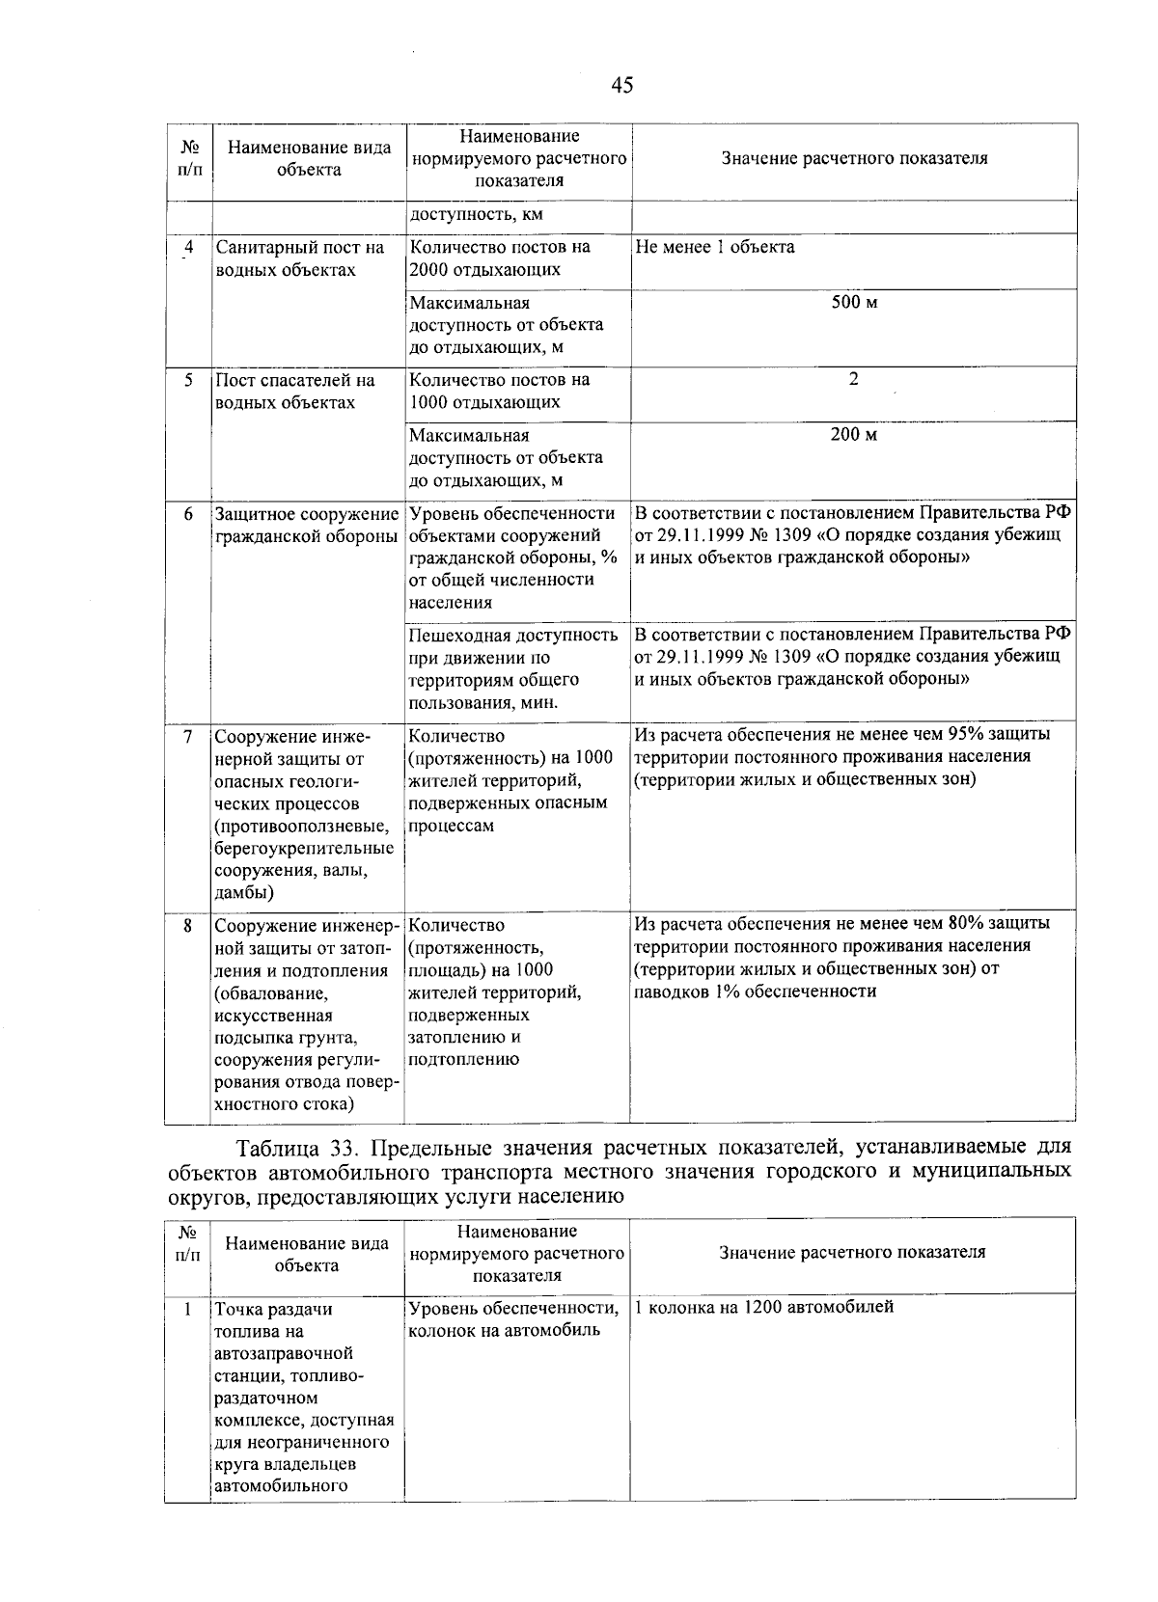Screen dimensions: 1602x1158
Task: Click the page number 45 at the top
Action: coord(622,86)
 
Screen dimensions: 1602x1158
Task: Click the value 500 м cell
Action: coord(854,303)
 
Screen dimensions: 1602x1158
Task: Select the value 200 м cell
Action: coord(854,435)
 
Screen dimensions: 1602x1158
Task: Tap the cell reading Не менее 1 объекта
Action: coord(715,247)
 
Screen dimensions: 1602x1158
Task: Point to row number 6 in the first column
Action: coord(188,514)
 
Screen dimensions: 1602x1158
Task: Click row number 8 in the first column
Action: coord(188,925)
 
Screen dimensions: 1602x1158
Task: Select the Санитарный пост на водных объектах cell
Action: coord(299,258)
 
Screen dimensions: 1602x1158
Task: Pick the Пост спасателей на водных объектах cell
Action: coord(294,391)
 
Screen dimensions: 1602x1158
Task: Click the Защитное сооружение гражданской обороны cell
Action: coord(307,525)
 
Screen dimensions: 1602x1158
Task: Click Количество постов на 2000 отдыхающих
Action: coord(499,258)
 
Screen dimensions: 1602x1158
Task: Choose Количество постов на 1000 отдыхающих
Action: coord(499,391)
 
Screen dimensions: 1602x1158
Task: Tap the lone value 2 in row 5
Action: coord(853,379)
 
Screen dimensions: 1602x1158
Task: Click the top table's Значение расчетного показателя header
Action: coord(854,159)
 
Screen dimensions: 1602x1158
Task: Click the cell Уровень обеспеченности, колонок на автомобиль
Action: coord(513,1318)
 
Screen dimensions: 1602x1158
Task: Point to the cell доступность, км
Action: coord(470,215)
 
